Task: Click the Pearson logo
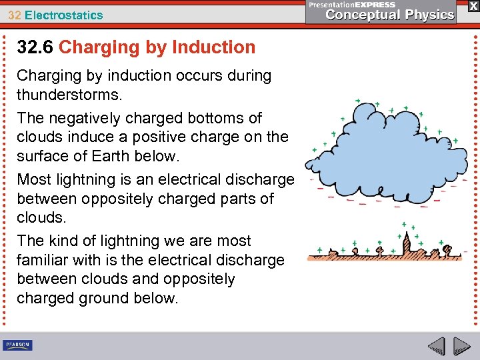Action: tap(17, 345)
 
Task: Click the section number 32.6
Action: tap(35, 47)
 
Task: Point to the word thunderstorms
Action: tap(69, 95)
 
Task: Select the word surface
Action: tap(43, 156)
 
